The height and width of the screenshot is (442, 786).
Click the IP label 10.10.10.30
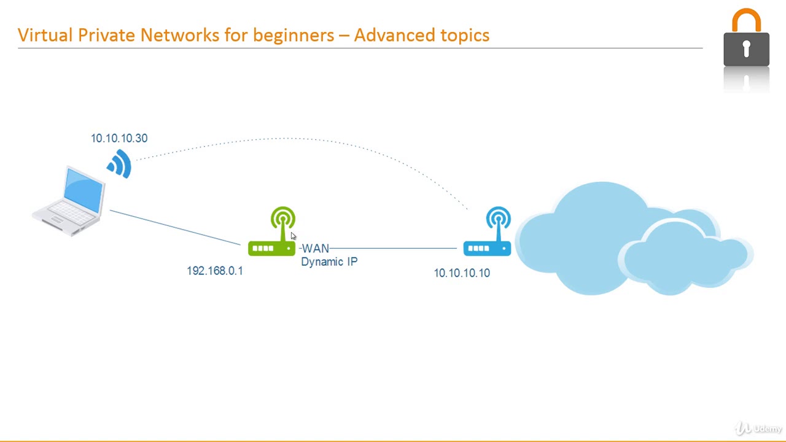(119, 138)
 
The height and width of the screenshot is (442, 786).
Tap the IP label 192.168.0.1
(215, 271)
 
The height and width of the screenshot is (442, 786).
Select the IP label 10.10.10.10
(462, 273)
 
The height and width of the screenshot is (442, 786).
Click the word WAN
(316, 249)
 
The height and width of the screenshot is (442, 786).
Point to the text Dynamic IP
(329, 262)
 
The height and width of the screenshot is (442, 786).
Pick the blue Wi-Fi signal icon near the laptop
(120, 163)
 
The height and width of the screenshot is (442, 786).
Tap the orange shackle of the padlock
(746, 20)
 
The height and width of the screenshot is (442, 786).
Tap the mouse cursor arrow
(293, 236)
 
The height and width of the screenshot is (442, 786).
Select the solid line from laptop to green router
(175, 228)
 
